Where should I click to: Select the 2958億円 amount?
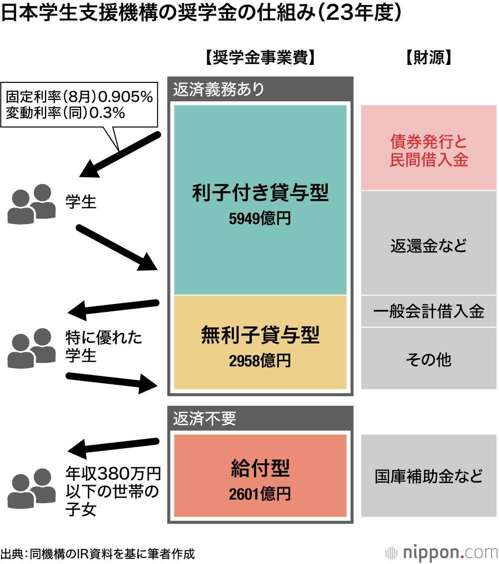click(260, 360)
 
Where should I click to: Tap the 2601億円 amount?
click(260, 494)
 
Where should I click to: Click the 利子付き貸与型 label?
click(260, 193)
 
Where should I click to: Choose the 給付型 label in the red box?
click(260, 468)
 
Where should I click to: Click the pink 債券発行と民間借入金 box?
click(429, 148)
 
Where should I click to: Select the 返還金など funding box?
click(429, 246)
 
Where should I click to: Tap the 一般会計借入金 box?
click(429, 311)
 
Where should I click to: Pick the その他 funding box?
click(429, 359)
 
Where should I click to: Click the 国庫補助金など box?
click(429, 476)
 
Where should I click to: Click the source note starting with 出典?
click(98, 553)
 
